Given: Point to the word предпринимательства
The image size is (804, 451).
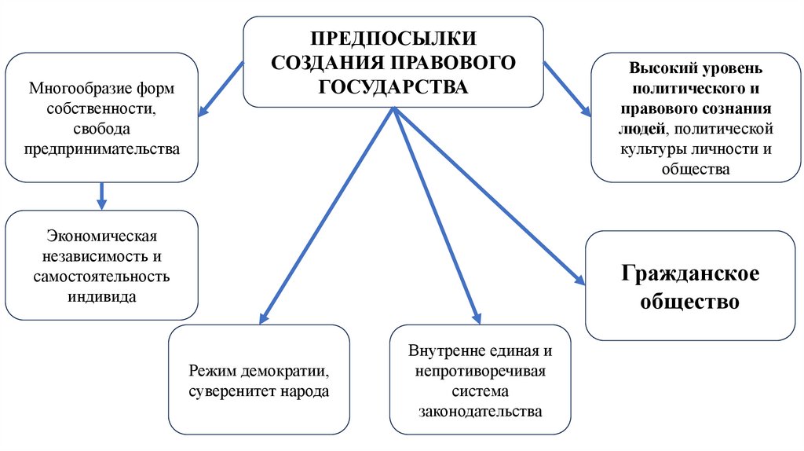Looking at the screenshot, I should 101,147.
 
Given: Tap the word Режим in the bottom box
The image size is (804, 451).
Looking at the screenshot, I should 211,370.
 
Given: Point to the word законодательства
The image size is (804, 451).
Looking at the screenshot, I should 481,411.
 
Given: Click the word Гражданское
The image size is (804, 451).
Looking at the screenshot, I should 690,275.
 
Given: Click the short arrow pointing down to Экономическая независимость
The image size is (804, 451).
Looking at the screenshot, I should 101,194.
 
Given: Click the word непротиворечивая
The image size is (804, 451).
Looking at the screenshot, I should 481,371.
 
